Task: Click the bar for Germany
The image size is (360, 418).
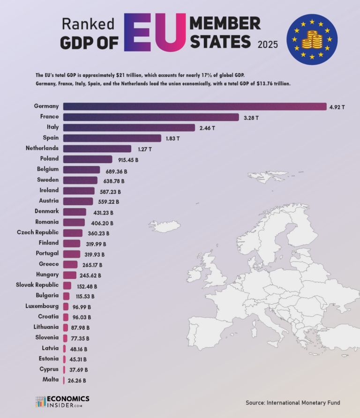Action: click(x=195, y=106)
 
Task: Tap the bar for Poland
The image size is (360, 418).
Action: click(x=88, y=159)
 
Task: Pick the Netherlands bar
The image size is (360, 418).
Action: click(x=97, y=149)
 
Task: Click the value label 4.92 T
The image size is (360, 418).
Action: click(x=337, y=107)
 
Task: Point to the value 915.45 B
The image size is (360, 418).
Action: click(x=128, y=160)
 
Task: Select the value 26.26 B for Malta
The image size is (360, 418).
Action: click(x=75, y=381)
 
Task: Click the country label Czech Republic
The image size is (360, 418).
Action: click(x=38, y=232)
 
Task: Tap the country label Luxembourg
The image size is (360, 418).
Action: click(x=42, y=306)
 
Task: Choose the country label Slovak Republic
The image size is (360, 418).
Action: click(x=37, y=285)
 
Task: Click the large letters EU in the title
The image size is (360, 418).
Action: click(x=154, y=34)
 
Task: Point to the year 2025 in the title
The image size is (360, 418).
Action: click(x=268, y=45)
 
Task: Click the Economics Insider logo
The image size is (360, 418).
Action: click(x=62, y=401)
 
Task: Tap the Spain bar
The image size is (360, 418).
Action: click(x=112, y=138)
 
